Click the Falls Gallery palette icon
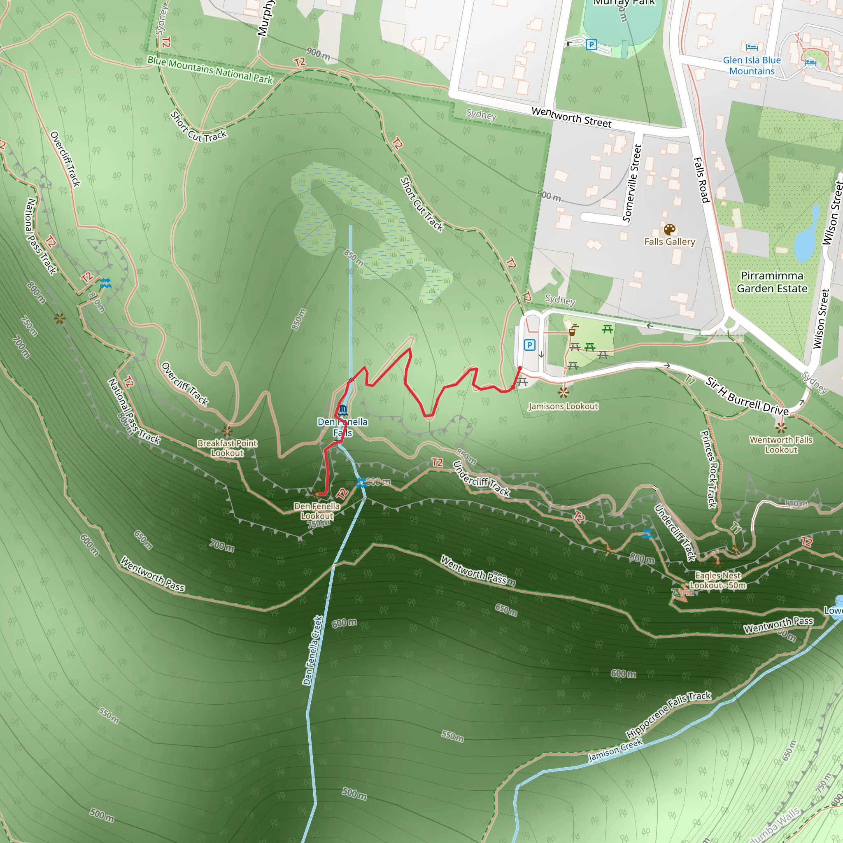click(669, 230)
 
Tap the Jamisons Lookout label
click(563, 406)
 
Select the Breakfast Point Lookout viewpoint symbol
click(227, 432)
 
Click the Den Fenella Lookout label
click(317, 511)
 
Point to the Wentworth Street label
click(571, 117)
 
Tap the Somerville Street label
click(632, 183)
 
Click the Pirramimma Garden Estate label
click(772, 282)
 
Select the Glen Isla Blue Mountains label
click(751, 65)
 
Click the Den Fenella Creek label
click(312, 650)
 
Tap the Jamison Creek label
click(615, 750)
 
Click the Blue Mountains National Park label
click(210, 70)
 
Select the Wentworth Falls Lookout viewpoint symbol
click(780, 427)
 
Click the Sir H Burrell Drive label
click(747, 397)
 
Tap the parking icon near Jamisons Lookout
click(529, 345)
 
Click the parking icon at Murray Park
click(591, 44)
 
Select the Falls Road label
click(701, 180)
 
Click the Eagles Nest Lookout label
click(718, 580)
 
